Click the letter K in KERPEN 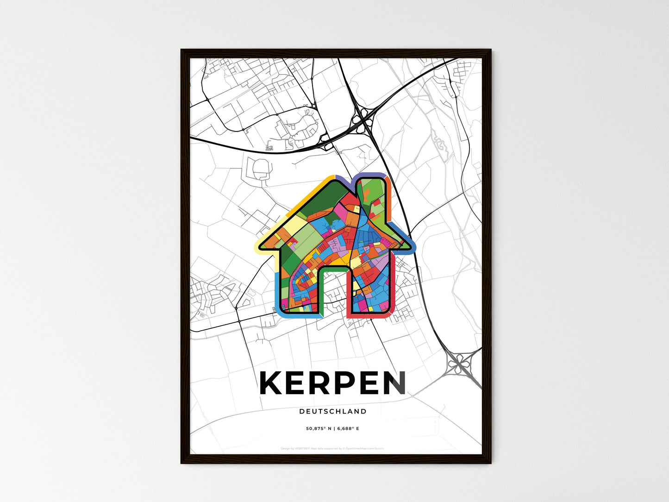[272, 383]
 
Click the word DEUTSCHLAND [333, 411]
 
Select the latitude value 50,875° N [319, 429]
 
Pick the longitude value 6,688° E [348, 429]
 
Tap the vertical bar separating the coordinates [334, 429]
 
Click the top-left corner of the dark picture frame [181, 50]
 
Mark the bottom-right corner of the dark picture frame [490, 463]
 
